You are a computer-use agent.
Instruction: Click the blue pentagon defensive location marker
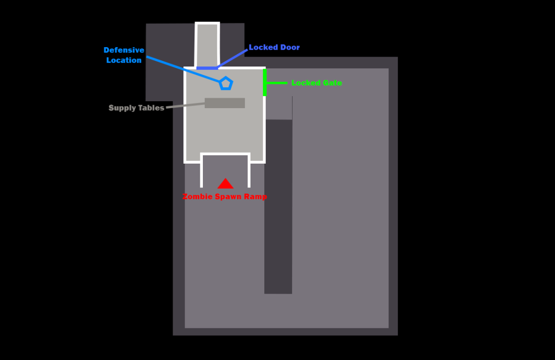(x=226, y=83)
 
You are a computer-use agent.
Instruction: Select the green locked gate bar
(x=265, y=82)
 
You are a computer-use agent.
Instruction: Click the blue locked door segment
(x=207, y=68)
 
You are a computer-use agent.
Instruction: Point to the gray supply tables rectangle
(x=225, y=103)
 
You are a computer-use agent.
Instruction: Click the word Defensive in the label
(x=124, y=51)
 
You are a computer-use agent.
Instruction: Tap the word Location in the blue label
(x=124, y=60)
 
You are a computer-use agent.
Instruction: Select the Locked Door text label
(x=274, y=48)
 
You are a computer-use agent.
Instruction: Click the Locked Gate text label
(x=316, y=83)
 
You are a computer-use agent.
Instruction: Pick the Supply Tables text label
(x=136, y=108)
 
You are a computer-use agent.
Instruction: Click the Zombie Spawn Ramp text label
(x=225, y=197)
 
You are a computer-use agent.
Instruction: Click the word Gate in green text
(x=331, y=83)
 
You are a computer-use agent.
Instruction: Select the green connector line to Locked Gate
(x=277, y=83)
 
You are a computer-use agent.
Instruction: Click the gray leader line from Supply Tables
(x=185, y=105)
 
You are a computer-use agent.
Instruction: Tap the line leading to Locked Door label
(x=233, y=59)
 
